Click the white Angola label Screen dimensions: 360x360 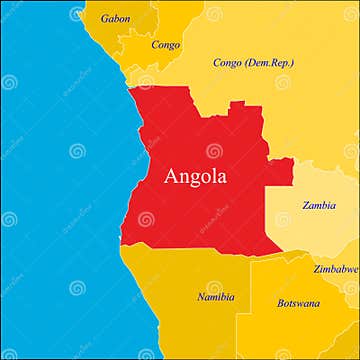pyautogui.click(x=195, y=177)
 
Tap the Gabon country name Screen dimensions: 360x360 pyautogui.click(x=115, y=18)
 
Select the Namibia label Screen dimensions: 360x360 pyautogui.click(x=215, y=296)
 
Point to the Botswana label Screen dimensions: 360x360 pyautogui.click(x=298, y=302)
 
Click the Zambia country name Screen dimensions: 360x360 pyautogui.click(x=319, y=205)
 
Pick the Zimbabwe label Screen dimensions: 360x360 pyautogui.click(x=335, y=269)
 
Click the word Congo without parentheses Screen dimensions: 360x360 pyautogui.click(x=165, y=44)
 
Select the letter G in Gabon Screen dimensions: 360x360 pyautogui.click(x=104, y=18)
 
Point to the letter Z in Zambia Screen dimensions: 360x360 pyautogui.click(x=306, y=205)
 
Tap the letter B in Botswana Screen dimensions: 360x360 pyautogui.click(x=281, y=302)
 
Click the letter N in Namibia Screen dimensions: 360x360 pyautogui.click(x=200, y=296)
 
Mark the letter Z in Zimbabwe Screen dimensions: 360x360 pyautogui.click(x=316, y=269)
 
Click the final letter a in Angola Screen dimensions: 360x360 pyautogui.click(x=222, y=179)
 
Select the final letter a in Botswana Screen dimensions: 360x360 pyautogui.click(x=318, y=303)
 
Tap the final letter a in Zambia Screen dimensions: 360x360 pyautogui.click(x=333, y=206)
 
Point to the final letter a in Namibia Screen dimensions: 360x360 pyautogui.click(x=232, y=297)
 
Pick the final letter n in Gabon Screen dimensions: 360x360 pyautogui.click(x=127, y=19)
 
